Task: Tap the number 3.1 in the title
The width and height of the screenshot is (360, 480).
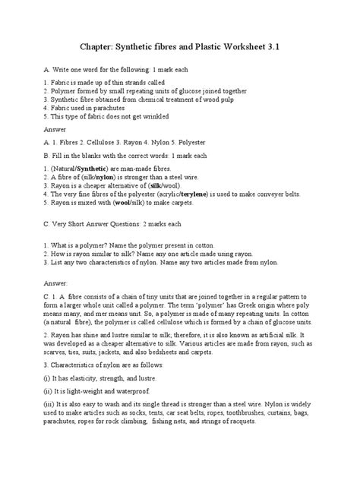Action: (x=280, y=46)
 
